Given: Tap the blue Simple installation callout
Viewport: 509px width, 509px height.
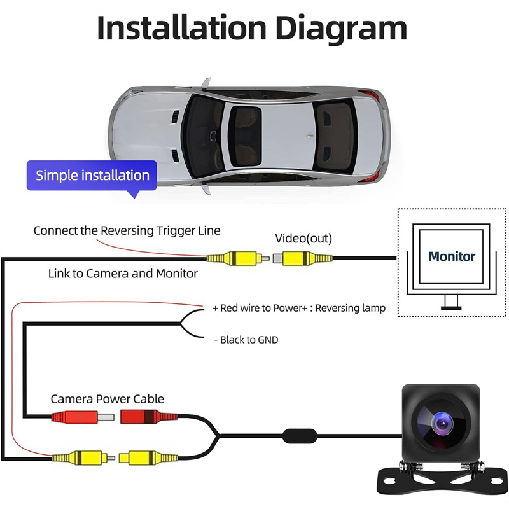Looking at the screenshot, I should click(92, 175).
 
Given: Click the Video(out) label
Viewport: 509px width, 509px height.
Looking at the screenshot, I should click(303, 239).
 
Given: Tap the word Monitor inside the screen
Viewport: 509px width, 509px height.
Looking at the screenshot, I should click(452, 256).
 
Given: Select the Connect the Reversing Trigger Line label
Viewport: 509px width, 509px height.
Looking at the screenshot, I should click(127, 230).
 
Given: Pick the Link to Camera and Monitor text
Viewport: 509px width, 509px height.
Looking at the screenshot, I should click(123, 274).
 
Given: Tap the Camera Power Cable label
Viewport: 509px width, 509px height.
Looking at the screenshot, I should click(107, 400).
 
